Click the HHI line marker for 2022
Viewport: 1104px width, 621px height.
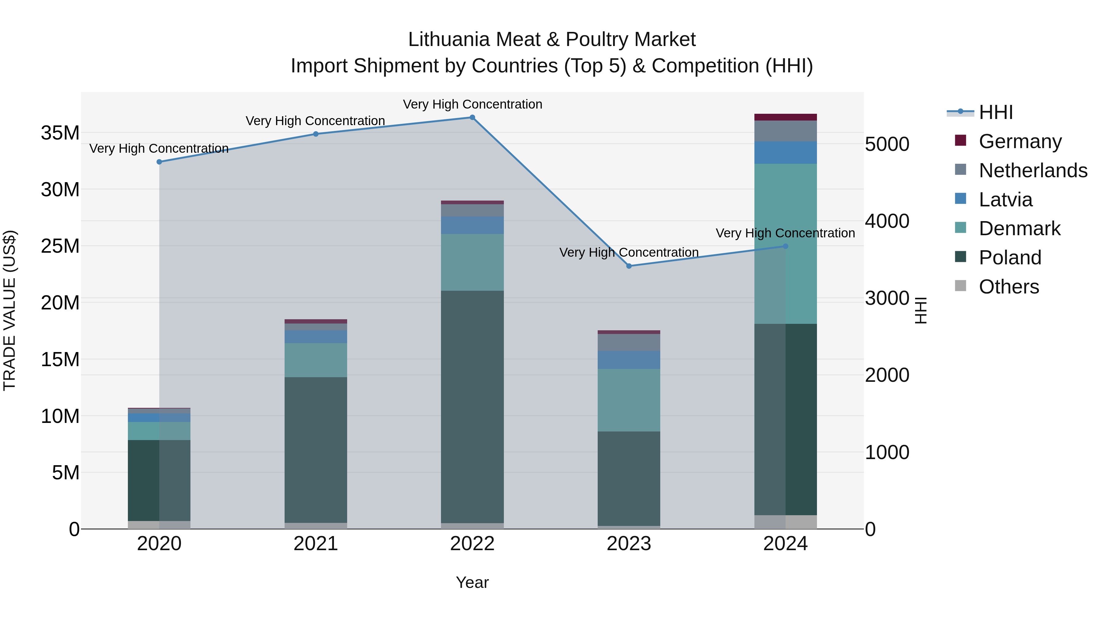coord(472,117)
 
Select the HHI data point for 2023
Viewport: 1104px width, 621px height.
coord(629,266)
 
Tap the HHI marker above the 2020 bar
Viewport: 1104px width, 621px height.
coord(159,162)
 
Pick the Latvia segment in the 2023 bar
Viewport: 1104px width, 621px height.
coord(629,360)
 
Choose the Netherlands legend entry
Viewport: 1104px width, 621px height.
coord(1033,171)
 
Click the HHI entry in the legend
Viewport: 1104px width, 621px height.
coord(995,112)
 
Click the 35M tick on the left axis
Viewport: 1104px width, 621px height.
coord(60,133)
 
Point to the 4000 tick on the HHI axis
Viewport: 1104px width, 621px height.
coord(887,221)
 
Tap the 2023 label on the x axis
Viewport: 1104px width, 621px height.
coord(629,544)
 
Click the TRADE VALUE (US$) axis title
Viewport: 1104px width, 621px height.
coord(10,310)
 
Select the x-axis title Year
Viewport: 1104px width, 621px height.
coord(472,582)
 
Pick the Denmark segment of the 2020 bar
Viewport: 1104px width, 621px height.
coord(159,431)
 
